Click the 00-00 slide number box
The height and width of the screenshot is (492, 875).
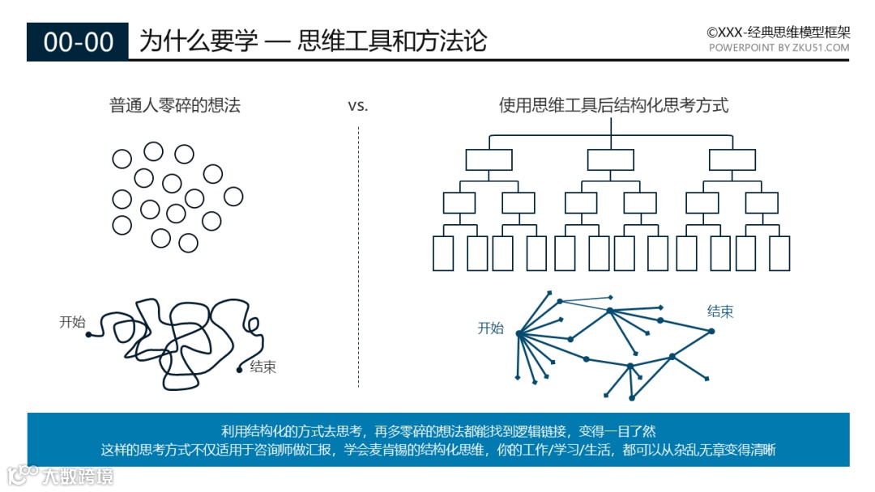tap(78, 42)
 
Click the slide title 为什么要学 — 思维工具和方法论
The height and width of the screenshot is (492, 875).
tap(313, 41)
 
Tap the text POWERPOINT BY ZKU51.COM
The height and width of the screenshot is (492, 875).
tap(779, 48)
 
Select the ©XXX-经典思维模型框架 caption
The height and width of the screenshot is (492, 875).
tap(778, 32)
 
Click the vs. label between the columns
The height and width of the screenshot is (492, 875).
tap(357, 106)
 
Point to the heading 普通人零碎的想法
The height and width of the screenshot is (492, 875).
tap(175, 105)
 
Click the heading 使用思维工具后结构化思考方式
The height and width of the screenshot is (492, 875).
tap(613, 105)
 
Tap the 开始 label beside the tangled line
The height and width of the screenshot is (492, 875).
tap(72, 322)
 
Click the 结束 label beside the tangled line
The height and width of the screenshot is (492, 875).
tap(262, 367)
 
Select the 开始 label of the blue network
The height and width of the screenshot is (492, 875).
tap(490, 328)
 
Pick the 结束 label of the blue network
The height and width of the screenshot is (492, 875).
tap(720, 312)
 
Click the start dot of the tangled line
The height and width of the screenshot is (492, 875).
tap(88, 334)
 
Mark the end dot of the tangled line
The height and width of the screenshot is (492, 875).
tap(239, 371)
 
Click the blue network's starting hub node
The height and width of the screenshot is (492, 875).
tap(519, 333)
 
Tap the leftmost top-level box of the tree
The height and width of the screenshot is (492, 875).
tap(489, 160)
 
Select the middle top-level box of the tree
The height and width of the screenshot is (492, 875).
tap(611, 160)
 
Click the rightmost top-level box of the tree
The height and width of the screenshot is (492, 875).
tap(732, 160)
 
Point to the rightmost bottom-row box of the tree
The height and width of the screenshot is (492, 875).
tap(779, 253)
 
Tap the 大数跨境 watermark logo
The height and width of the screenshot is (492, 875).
tap(61, 475)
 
